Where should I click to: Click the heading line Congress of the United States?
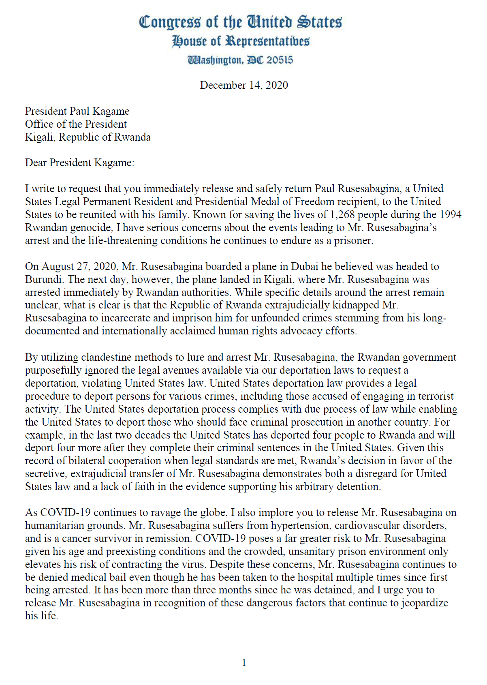240,22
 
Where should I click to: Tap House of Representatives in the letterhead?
241,41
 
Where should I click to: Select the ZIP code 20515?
280,60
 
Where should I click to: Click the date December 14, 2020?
243,85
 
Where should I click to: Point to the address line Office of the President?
76,124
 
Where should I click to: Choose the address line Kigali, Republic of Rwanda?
88,137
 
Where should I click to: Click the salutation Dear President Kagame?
79,163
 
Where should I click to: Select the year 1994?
450,214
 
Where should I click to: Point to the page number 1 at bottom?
244,663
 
